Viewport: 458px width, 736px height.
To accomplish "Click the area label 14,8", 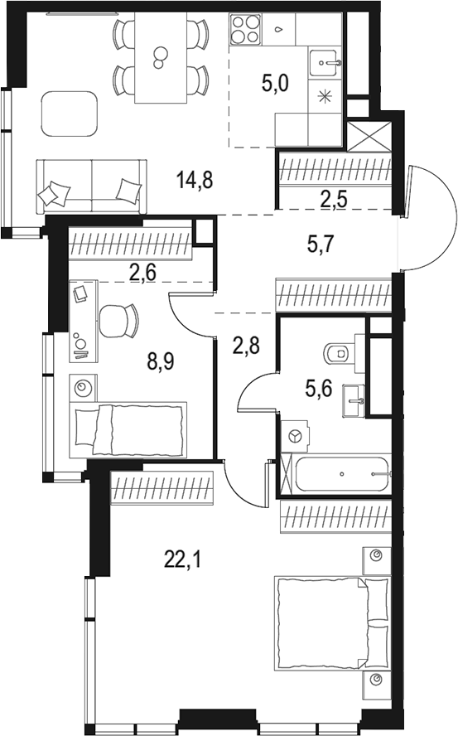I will tap(195, 178).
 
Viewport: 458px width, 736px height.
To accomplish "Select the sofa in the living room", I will tap(90, 186).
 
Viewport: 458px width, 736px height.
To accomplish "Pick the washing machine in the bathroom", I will tap(295, 434).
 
